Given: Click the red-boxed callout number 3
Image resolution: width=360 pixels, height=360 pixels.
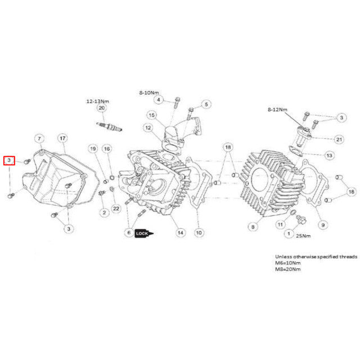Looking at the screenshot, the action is tap(9, 160).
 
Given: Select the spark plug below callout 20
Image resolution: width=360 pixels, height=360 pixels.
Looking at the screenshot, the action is tap(109, 127).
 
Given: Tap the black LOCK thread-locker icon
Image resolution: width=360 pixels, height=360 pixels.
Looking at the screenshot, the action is tap(144, 233).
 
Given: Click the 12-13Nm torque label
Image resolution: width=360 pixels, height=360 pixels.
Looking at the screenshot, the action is tap(97, 101).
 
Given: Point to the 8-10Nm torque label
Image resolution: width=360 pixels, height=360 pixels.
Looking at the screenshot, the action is tap(149, 93).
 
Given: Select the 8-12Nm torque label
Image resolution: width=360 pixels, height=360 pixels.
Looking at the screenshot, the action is tap(277, 110).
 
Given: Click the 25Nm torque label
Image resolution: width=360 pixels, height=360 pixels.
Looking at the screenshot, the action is tap(303, 236).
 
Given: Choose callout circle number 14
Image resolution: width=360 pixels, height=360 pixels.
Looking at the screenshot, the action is tap(181, 233).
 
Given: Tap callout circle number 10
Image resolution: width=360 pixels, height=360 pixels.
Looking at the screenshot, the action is tap(199, 233).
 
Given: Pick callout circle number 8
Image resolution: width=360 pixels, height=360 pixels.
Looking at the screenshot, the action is tap(253, 227).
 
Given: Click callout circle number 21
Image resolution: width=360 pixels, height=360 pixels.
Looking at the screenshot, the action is tap(339, 139).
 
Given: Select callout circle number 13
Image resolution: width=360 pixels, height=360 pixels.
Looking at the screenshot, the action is tap(329, 155).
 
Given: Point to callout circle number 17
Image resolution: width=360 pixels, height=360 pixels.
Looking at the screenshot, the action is tap(62, 138).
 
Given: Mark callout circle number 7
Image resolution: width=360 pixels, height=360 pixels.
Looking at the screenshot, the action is tap(39, 139).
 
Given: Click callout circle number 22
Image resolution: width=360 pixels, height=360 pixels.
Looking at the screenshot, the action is tap(116, 209).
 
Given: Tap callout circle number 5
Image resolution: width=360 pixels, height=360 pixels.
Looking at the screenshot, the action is tap(206, 104).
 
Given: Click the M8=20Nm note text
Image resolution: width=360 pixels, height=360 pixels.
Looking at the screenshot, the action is tap(287, 269).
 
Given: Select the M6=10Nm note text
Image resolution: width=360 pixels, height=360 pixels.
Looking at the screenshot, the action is tap(287, 263).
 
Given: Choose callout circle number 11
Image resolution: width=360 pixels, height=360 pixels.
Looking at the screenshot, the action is tap(280, 224).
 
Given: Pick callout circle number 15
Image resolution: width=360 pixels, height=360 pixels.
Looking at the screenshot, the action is tap(152, 115).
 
